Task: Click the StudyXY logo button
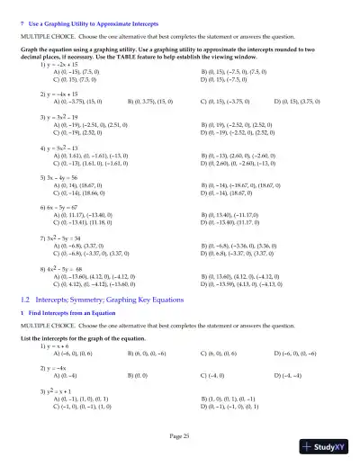[328, 445]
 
